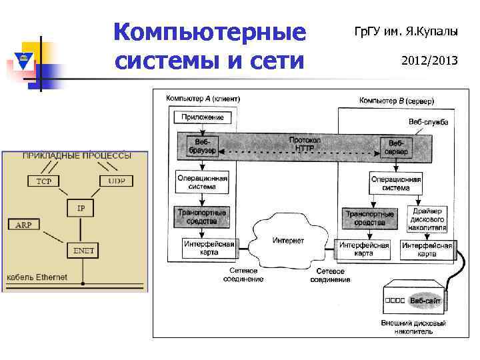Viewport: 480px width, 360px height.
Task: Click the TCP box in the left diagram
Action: pos(43,181)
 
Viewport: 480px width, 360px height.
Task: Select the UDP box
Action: pos(117,181)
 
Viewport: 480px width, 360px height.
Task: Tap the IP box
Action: pos(81,209)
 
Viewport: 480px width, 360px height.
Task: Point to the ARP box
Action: pos(23,225)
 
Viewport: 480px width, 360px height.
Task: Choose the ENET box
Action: pos(84,251)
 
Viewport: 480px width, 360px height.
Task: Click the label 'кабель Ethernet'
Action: pos(37,277)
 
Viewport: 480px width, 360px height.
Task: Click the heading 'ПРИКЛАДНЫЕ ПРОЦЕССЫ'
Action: pos(77,155)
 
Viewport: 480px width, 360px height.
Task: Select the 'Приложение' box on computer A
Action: pos(203,117)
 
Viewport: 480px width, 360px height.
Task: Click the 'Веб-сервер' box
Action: pos(396,147)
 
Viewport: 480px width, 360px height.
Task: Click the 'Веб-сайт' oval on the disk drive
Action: pos(425,301)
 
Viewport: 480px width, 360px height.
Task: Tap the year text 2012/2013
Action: pos(429,61)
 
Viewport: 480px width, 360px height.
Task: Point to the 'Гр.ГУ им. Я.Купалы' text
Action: pos(405,31)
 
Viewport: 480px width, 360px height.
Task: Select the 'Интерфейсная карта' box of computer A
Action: pos(209,249)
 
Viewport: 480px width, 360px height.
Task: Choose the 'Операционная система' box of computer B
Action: pos(395,183)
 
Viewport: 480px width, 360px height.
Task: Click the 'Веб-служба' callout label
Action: pos(428,122)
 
